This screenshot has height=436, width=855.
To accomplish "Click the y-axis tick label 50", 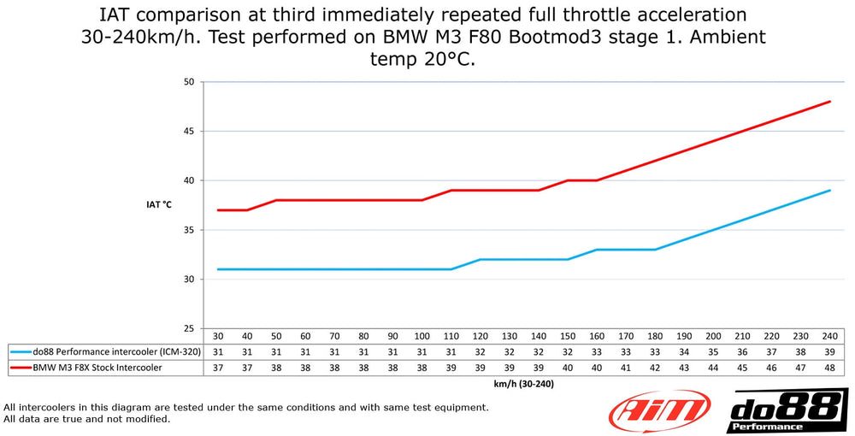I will click(189, 82).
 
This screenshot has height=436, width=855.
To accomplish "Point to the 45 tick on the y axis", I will click(189, 132).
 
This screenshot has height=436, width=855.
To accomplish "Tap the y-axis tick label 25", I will click(189, 329).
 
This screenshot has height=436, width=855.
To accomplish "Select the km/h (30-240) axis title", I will click(523, 384).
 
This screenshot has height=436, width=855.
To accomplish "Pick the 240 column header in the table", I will click(828, 337).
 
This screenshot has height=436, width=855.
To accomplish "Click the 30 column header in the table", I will click(218, 337).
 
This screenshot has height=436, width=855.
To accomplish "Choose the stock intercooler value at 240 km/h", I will click(828, 368).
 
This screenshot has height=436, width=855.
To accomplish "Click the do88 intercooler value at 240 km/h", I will click(828, 351).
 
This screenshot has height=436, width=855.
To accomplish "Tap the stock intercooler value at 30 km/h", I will click(218, 368).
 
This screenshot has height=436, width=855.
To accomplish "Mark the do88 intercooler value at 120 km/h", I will click(480, 351).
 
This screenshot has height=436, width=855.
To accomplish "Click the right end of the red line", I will click(830, 102).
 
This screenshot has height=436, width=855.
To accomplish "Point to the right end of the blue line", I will click(830, 191).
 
